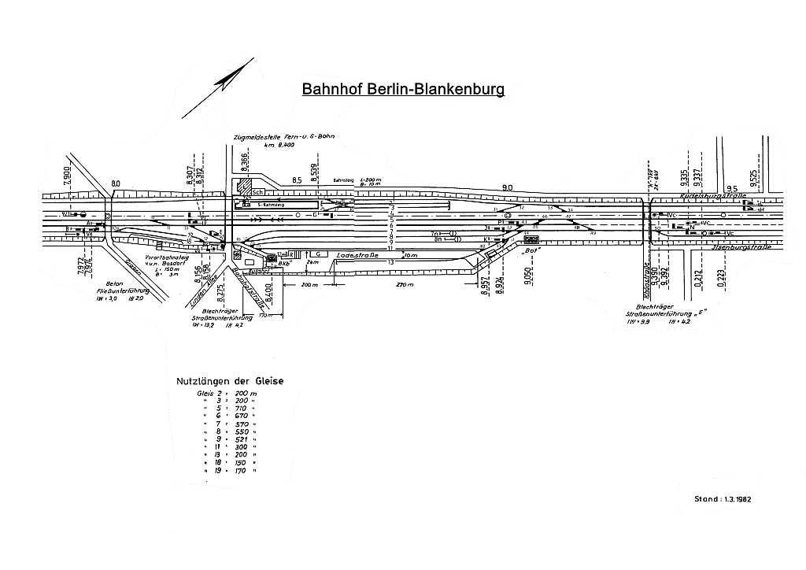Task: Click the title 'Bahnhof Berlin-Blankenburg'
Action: click(403, 89)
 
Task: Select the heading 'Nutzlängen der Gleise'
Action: click(230, 381)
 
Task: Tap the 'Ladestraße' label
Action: click(353, 257)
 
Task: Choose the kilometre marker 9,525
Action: click(754, 179)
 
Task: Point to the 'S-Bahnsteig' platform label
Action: click(271, 204)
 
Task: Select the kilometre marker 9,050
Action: click(529, 277)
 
